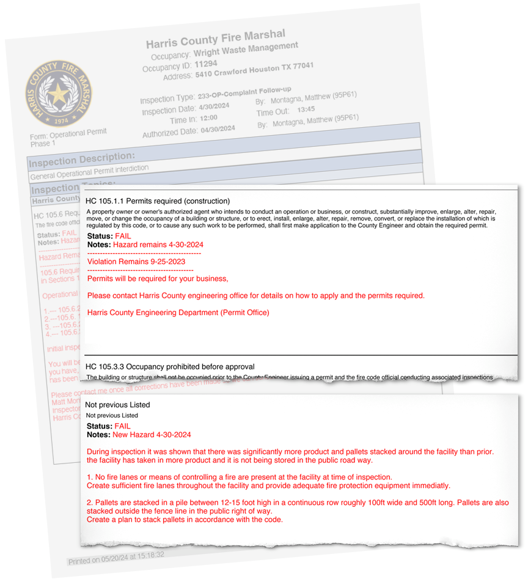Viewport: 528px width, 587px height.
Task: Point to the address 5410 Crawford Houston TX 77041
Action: pyautogui.click(x=254, y=70)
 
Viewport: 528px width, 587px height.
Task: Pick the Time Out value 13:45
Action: pyautogui.click(x=306, y=109)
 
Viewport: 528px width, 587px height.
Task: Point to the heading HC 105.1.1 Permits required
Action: pyautogui.click(x=158, y=201)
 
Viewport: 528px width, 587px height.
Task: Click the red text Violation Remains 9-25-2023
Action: pyautogui.click(x=136, y=261)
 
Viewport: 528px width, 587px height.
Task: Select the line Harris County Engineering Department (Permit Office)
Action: pyautogui.click(x=178, y=312)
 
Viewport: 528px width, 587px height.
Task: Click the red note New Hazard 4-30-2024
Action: pyautogui.click(x=152, y=435)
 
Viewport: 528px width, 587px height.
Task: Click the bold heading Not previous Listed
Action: pyautogui.click(x=117, y=405)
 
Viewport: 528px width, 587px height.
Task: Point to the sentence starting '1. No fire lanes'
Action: pyautogui.click(x=239, y=477)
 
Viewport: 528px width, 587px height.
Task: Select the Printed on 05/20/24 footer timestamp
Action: pyautogui.click(x=116, y=558)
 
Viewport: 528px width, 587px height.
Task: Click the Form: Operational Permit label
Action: pyautogui.click(x=68, y=134)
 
